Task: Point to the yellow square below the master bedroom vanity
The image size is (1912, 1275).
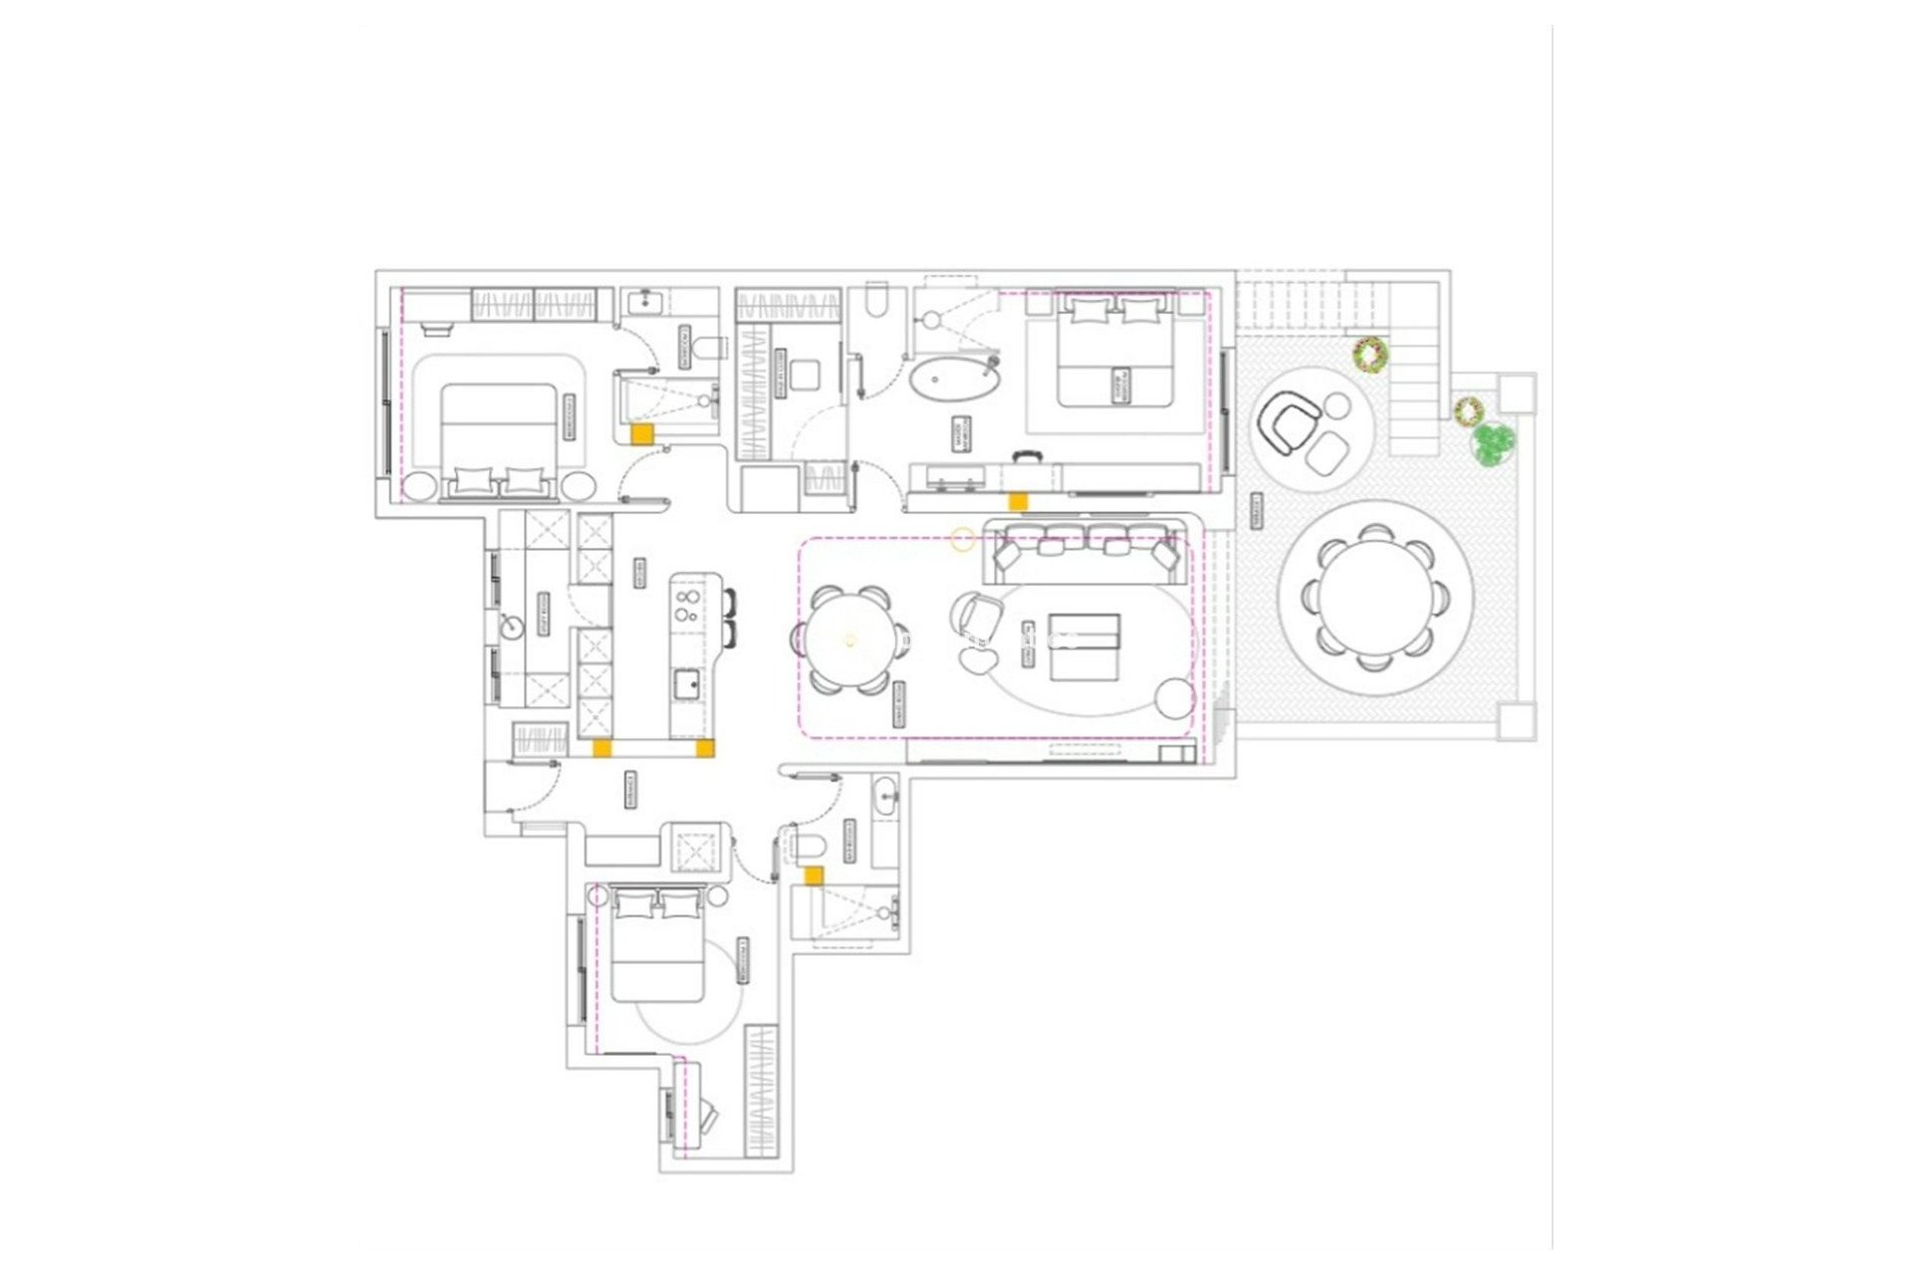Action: (x=1017, y=502)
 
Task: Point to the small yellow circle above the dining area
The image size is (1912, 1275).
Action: (x=962, y=540)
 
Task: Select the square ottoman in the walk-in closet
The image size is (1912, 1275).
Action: (x=805, y=376)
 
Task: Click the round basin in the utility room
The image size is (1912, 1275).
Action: (x=511, y=627)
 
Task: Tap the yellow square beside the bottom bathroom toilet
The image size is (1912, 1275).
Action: (x=814, y=876)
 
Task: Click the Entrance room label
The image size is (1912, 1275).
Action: (x=630, y=788)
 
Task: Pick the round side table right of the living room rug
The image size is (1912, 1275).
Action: (x=1174, y=696)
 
